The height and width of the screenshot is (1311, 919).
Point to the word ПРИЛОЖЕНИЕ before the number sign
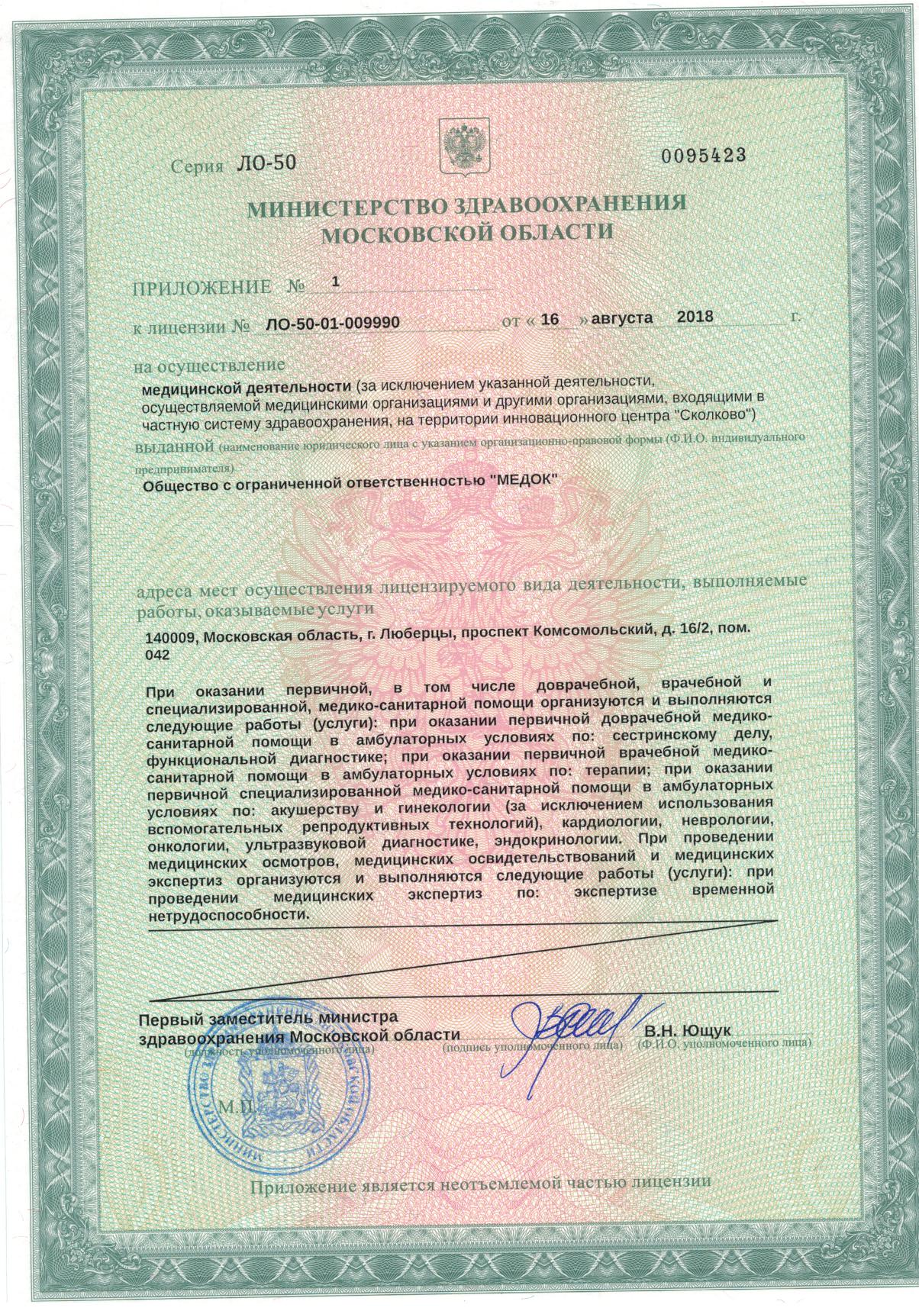click(202, 287)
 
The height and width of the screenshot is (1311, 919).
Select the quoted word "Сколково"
click(716, 415)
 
